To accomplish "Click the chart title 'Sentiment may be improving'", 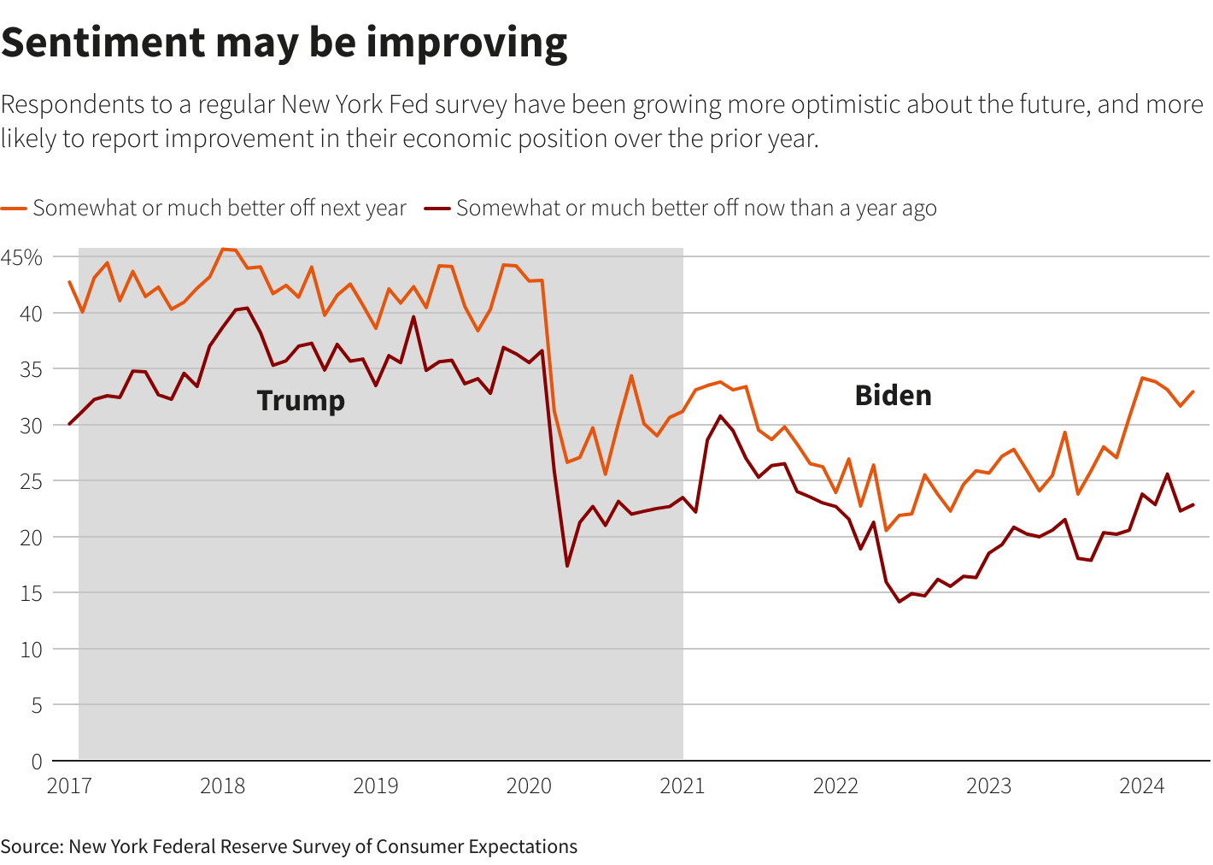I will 284,43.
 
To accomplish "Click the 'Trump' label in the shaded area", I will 301,400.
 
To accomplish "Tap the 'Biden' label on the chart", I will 893,395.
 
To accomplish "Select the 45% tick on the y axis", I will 21,257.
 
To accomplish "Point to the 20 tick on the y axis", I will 31,537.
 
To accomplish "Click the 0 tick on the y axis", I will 36,761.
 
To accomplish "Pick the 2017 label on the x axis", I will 69,786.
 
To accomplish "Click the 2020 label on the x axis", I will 529,786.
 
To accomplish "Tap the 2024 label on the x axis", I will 1141,786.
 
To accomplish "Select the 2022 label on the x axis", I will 835,786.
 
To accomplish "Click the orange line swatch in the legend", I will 15,208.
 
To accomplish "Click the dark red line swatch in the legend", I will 437,208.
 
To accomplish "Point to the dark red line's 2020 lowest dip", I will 567,566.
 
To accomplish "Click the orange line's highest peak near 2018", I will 223,249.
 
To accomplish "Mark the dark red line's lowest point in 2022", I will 899,602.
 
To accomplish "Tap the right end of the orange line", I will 1193,391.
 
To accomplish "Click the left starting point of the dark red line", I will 69,424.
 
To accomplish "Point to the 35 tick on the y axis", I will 31,369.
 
